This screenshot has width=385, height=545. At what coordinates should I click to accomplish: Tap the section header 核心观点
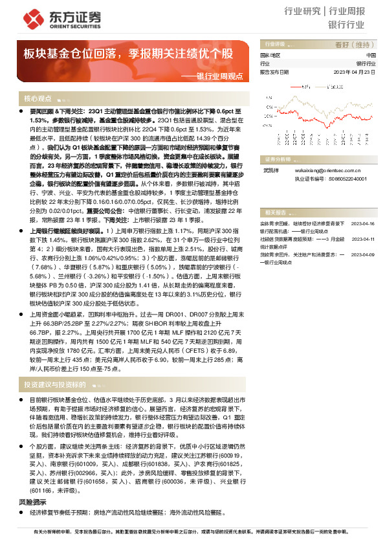click(38, 98)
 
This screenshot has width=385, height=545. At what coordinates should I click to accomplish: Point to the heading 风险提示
click(33, 484)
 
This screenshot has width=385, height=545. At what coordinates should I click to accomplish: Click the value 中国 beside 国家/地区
click(370, 56)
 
